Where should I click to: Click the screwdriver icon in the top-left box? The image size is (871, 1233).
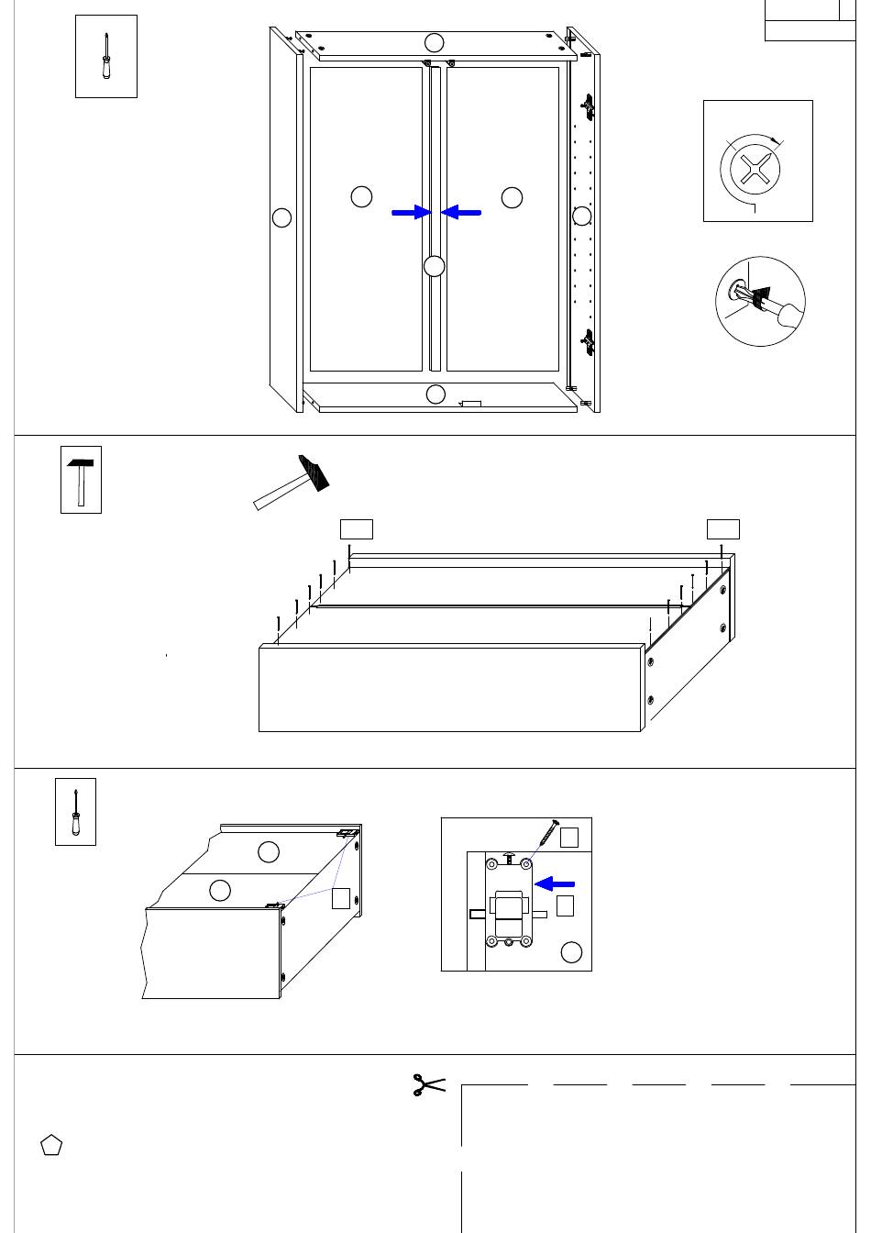coord(106,56)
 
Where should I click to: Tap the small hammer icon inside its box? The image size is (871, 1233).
coord(81,480)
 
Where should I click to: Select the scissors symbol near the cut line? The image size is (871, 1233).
coord(427,1084)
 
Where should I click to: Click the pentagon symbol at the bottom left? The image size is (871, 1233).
coord(51,1146)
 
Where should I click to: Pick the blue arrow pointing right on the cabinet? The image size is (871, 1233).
coord(411,212)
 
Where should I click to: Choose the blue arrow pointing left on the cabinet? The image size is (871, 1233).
coord(461,212)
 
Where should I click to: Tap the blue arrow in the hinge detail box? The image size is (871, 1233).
coord(555,883)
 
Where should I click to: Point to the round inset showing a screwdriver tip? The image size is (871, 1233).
coord(760,301)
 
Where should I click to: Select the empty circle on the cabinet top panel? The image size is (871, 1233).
coord(435,42)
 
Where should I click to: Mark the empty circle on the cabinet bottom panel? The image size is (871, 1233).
coord(436,394)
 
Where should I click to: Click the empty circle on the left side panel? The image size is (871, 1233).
coord(281,217)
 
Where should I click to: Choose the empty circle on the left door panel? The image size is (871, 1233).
coord(362,196)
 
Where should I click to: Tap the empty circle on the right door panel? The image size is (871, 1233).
coord(513,196)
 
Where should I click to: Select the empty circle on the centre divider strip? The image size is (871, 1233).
coord(435,266)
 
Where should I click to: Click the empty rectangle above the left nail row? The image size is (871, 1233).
coord(356,528)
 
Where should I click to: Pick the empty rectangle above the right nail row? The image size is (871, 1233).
coord(723,528)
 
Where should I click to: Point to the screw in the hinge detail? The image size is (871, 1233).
coord(546,833)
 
